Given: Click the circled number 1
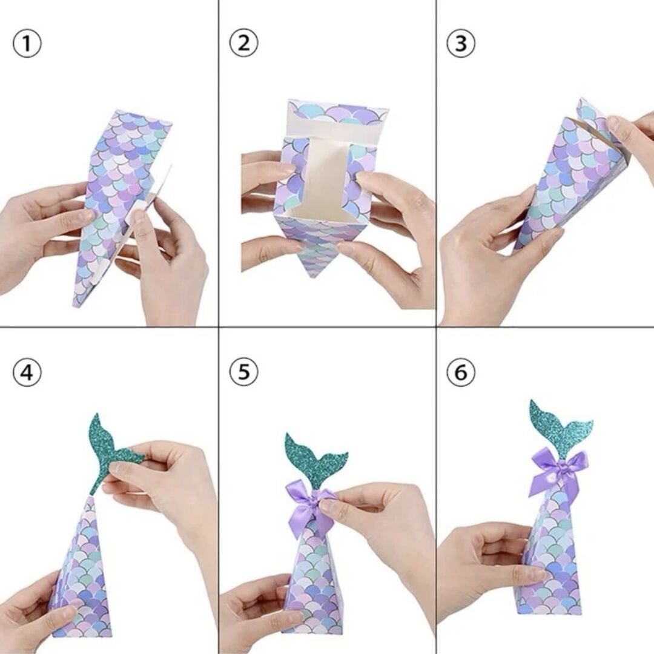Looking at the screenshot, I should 27,44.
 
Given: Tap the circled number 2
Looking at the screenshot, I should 243,43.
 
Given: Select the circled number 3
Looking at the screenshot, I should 461,43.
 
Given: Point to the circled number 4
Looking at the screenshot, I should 27,372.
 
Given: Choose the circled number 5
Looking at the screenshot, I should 243,372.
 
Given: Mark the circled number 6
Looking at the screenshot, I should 461,372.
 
